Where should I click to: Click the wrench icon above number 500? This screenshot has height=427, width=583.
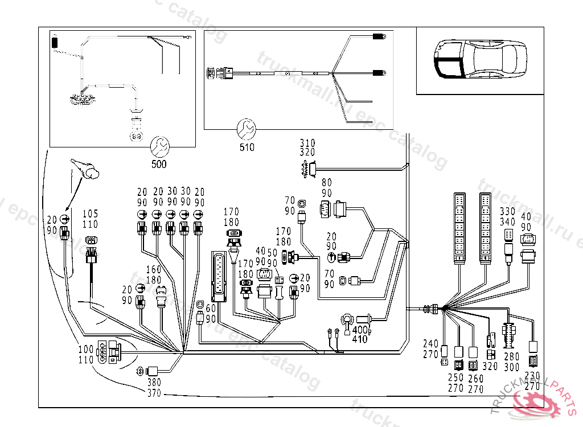(159, 147)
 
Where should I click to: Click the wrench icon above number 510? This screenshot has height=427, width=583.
(247, 129)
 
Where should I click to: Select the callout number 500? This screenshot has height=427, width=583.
(159, 165)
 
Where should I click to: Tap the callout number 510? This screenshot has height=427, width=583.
(247, 147)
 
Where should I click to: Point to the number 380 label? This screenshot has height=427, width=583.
(154, 383)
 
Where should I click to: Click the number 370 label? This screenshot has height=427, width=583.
(154, 393)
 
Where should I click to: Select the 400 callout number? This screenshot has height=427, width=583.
(360, 330)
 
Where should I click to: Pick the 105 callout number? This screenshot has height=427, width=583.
(91, 213)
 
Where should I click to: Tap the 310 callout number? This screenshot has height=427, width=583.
(308, 143)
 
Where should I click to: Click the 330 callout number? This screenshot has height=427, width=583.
(507, 212)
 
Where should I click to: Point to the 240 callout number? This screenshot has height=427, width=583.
(431, 343)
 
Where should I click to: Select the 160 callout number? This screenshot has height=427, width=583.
(154, 270)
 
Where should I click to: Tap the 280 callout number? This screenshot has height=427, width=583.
(512, 358)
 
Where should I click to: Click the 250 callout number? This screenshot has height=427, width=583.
(456, 379)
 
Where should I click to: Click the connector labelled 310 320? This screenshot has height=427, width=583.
(307, 169)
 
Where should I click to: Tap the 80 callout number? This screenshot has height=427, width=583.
(326, 183)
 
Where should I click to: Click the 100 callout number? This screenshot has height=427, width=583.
(86, 349)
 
